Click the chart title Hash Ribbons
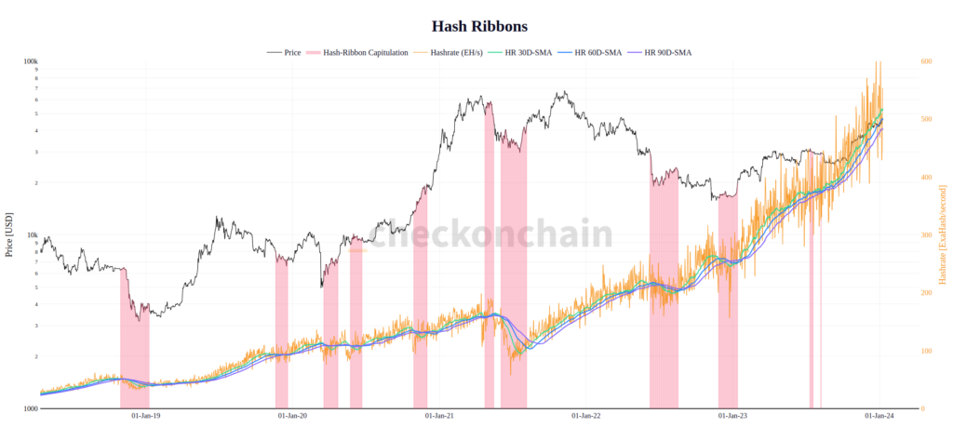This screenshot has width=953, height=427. pyautogui.click(x=480, y=26)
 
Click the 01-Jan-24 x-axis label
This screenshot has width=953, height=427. pyautogui.click(x=879, y=416)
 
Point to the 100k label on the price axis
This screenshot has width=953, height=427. pyautogui.click(x=30, y=61)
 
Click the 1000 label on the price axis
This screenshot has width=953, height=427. pyautogui.click(x=30, y=408)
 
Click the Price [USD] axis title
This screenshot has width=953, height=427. pyautogui.click(x=9, y=234)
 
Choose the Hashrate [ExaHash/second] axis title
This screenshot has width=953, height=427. pyautogui.click(x=943, y=234)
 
